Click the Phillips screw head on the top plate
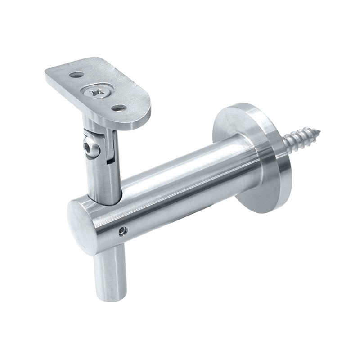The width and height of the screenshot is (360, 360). pos(96,93)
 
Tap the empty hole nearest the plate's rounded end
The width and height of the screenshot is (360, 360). pos(118,108)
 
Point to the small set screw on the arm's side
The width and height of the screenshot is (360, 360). pos(121,231)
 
